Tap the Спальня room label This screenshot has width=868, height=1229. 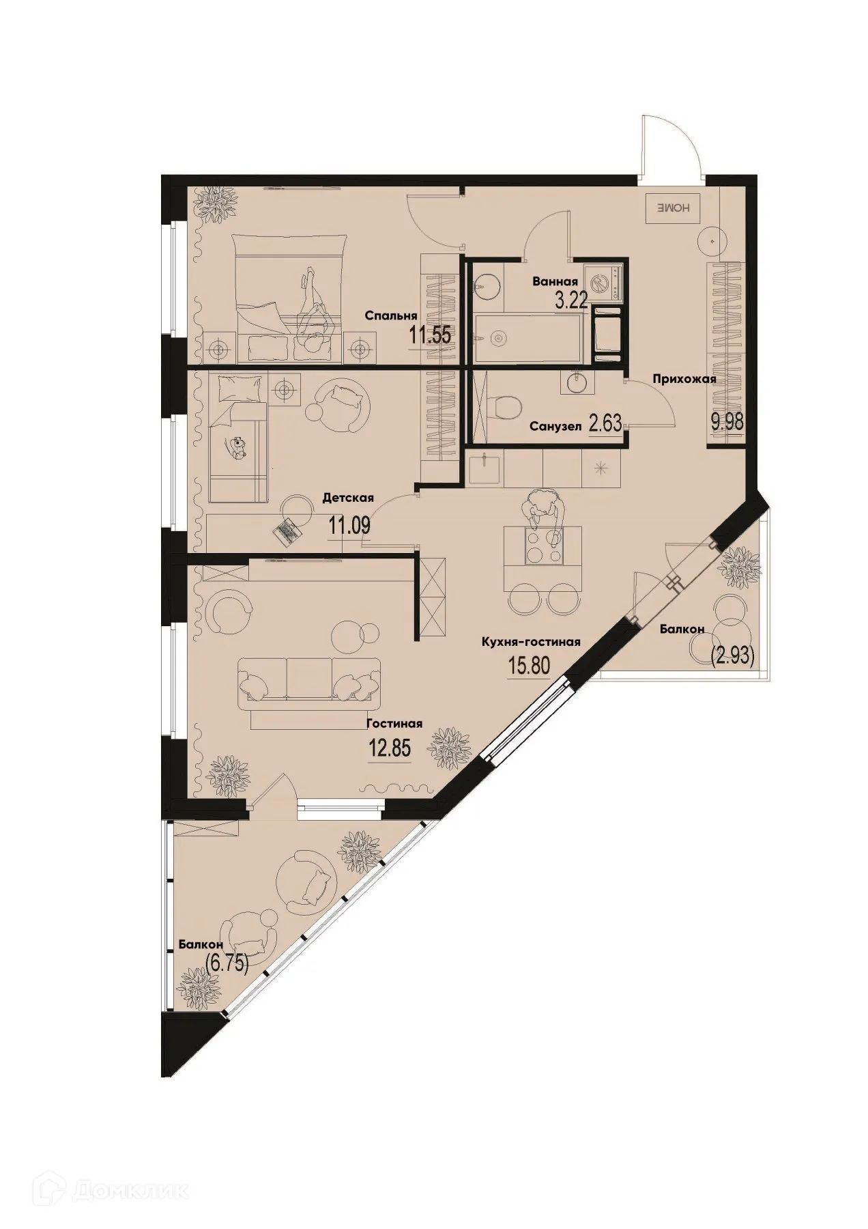390,316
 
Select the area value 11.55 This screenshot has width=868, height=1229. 431,335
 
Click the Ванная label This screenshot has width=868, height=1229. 556,281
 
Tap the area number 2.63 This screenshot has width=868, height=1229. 605,424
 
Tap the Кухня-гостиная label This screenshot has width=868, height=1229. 531,642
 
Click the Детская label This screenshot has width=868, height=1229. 348,498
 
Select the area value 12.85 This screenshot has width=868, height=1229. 389,748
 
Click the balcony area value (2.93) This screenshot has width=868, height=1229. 732,657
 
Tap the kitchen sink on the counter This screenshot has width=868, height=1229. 486,470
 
